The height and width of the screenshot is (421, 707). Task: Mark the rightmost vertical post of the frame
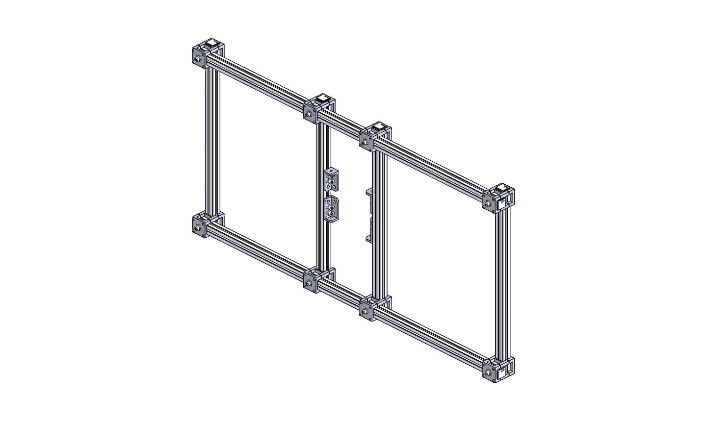504,284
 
